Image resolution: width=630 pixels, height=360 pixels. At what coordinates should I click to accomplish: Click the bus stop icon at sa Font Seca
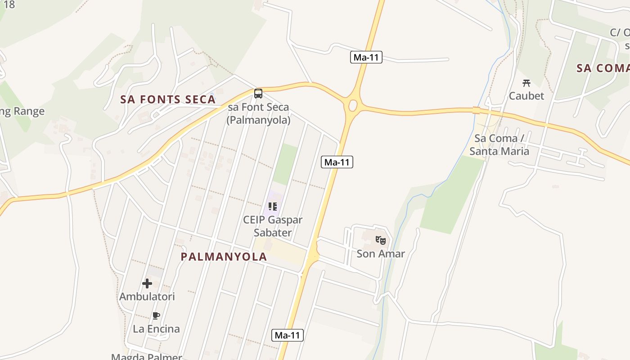pyautogui.click(x=258, y=94)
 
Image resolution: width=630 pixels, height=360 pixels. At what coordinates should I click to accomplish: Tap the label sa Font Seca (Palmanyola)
pyautogui.click(x=258, y=114)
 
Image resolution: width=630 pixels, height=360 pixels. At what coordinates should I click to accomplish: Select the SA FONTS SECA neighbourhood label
pyautogui.click(x=168, y=99)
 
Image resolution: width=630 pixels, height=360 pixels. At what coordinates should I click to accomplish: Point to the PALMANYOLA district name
pyautogui.click(x=224, y=256)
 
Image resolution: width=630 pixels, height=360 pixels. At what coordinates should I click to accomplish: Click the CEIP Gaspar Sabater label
pyautogui.click(x=273, y=226)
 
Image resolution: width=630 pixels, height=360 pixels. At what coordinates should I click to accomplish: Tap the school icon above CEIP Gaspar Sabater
pyautogui.click(x=273, y=207)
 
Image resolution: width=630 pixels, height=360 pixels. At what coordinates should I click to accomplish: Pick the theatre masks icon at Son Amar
pyautogui.click(x=381, y=240)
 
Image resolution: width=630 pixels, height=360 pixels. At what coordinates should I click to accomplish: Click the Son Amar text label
pyautogui.click(x=381, y=254)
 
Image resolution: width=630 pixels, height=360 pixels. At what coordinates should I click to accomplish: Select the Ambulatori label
pyautogui.click(x=147, y=297)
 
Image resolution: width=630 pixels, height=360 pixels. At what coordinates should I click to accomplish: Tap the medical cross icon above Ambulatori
pyautogui.click(x=147, y=283)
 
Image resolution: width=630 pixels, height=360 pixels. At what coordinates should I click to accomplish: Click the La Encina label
pyautogui.click(x=156, y=329)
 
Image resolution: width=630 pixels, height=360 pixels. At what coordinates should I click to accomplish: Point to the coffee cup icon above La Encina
pyautogui.click(x=156, y=315)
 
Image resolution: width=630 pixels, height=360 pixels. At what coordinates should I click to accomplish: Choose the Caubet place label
pyautogui.click(x=526, y=96)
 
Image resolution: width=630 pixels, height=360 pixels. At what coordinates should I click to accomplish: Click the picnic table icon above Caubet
pyautogui.click(x=526, y=83)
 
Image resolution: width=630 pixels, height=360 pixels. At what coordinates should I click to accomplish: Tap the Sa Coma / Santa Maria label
pyautogui.click(x=499, y=144)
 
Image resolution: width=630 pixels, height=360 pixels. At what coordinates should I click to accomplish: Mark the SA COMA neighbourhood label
pyautogui.click(x=603, y=68)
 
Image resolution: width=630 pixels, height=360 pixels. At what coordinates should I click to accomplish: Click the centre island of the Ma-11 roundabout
pyautogui.click(x=353, y=106)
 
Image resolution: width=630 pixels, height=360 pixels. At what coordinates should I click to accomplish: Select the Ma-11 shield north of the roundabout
pyautogui.click(x=366, y=57)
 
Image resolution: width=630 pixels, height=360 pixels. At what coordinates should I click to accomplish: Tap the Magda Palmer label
pyautogui.click(x=147, y=357)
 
